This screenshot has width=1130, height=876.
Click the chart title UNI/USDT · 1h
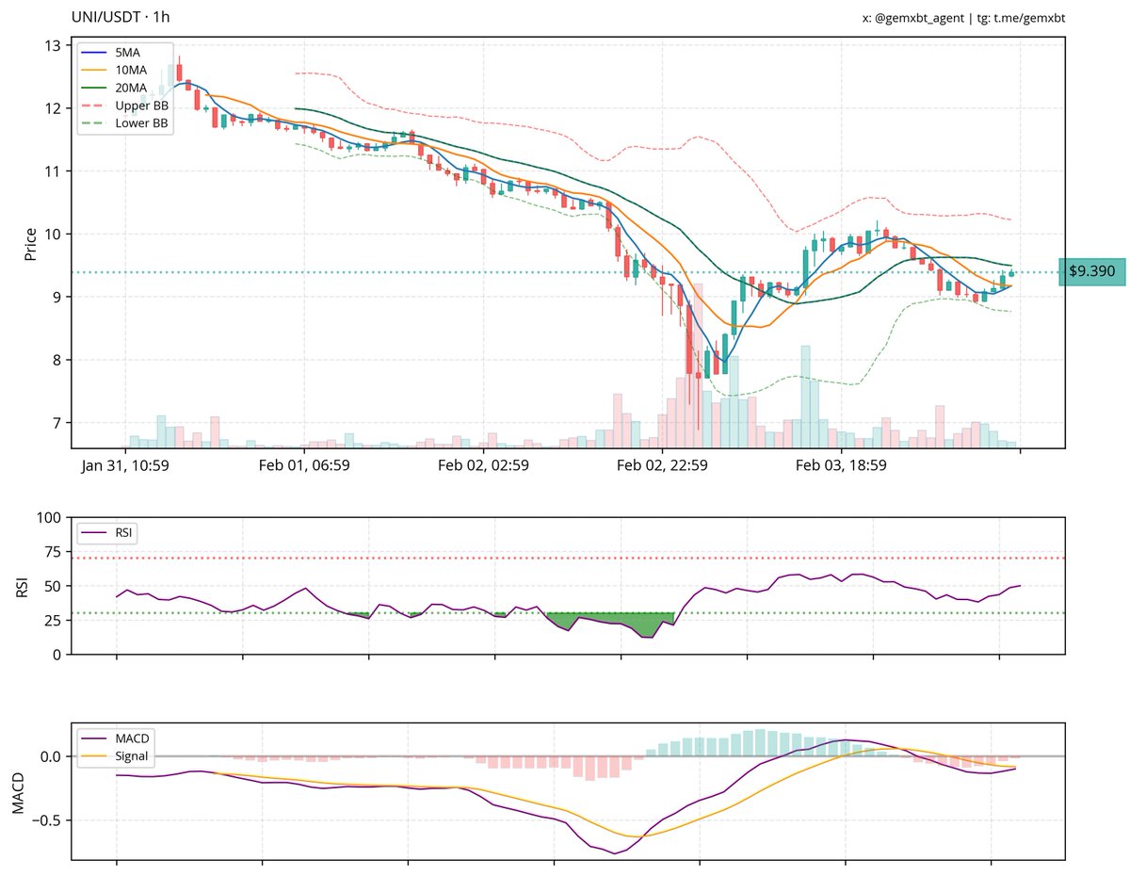click(121, 17)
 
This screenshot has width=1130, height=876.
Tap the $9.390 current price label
click(1092, 271)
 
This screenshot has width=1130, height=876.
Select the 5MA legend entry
click(124, 54)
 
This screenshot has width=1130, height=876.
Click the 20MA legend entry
click(128, 88)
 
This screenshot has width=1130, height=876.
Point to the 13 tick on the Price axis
click(53, 46)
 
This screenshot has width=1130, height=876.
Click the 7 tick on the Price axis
click(56, 423)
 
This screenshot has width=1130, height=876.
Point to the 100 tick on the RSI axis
click(48, 517)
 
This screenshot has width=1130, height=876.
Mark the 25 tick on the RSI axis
click(52, 620)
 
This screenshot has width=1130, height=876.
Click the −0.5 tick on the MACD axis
click(45, 819)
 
